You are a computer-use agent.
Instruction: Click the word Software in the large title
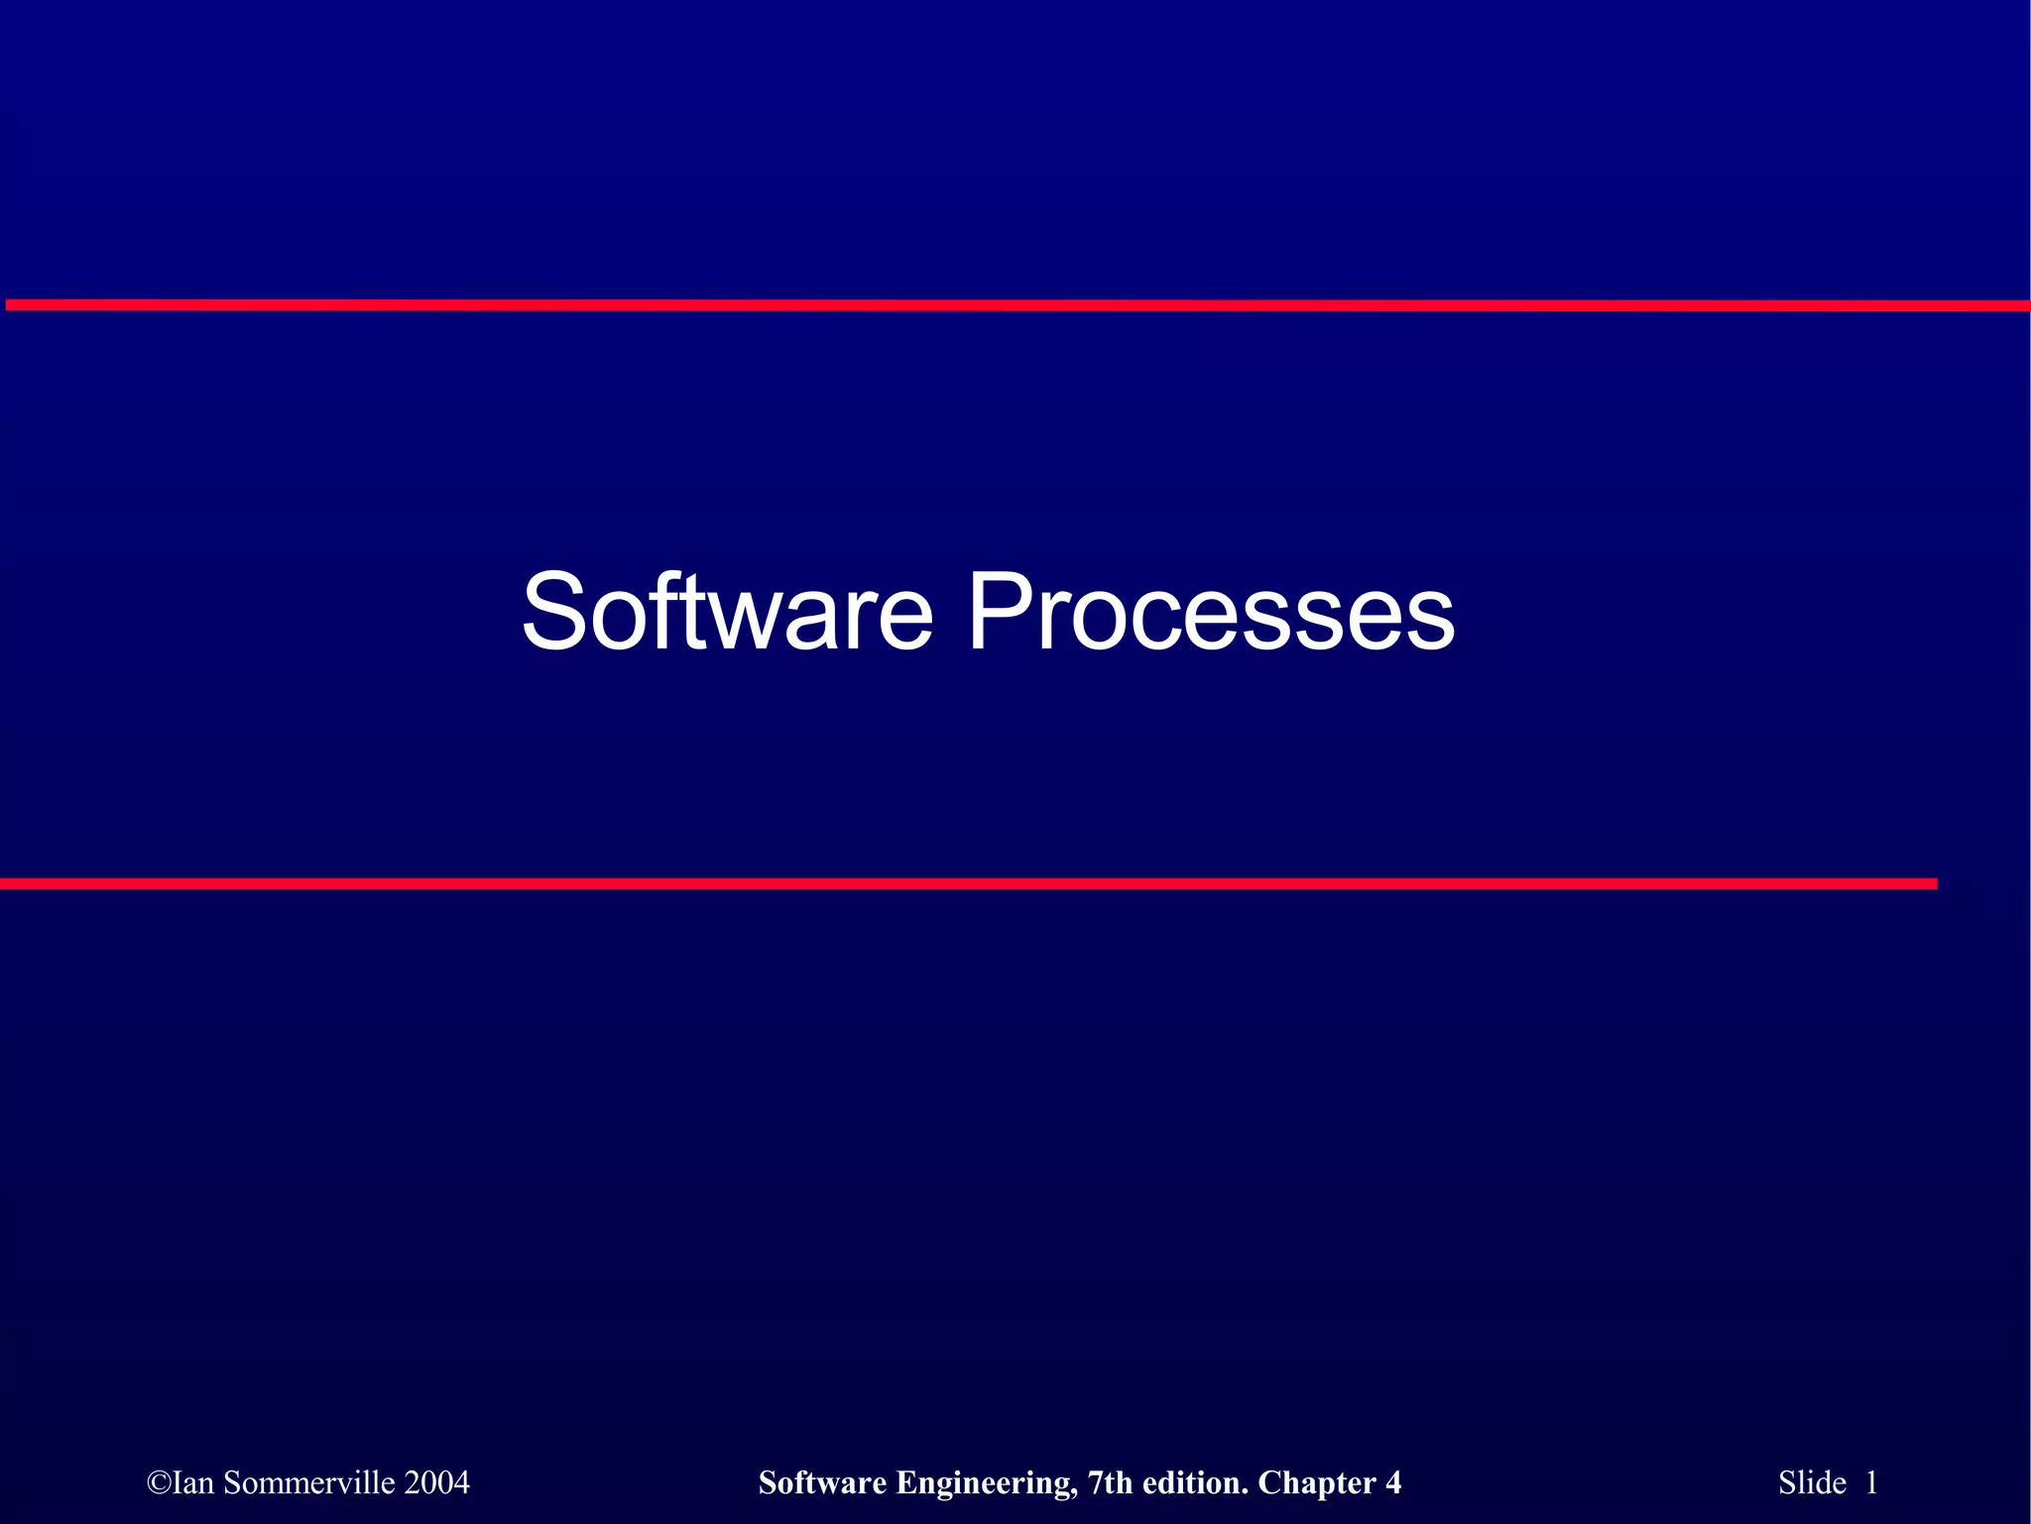tap(727, 612)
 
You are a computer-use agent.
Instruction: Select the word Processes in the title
tap(1210, 612)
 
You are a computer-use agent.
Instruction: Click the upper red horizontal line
tap(1015, 305)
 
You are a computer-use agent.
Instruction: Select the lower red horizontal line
tap(968, 883)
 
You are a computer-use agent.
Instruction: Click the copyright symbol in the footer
tap(159, 1483)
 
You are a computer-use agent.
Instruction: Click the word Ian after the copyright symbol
tap(193, 1483)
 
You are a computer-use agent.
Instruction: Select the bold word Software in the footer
tap(822, 1483)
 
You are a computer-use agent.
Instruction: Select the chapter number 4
tap(1393, 1483)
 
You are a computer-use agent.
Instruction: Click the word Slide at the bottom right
tap(1812, 1483)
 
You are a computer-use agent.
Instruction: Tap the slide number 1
tap(1871, 1483)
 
